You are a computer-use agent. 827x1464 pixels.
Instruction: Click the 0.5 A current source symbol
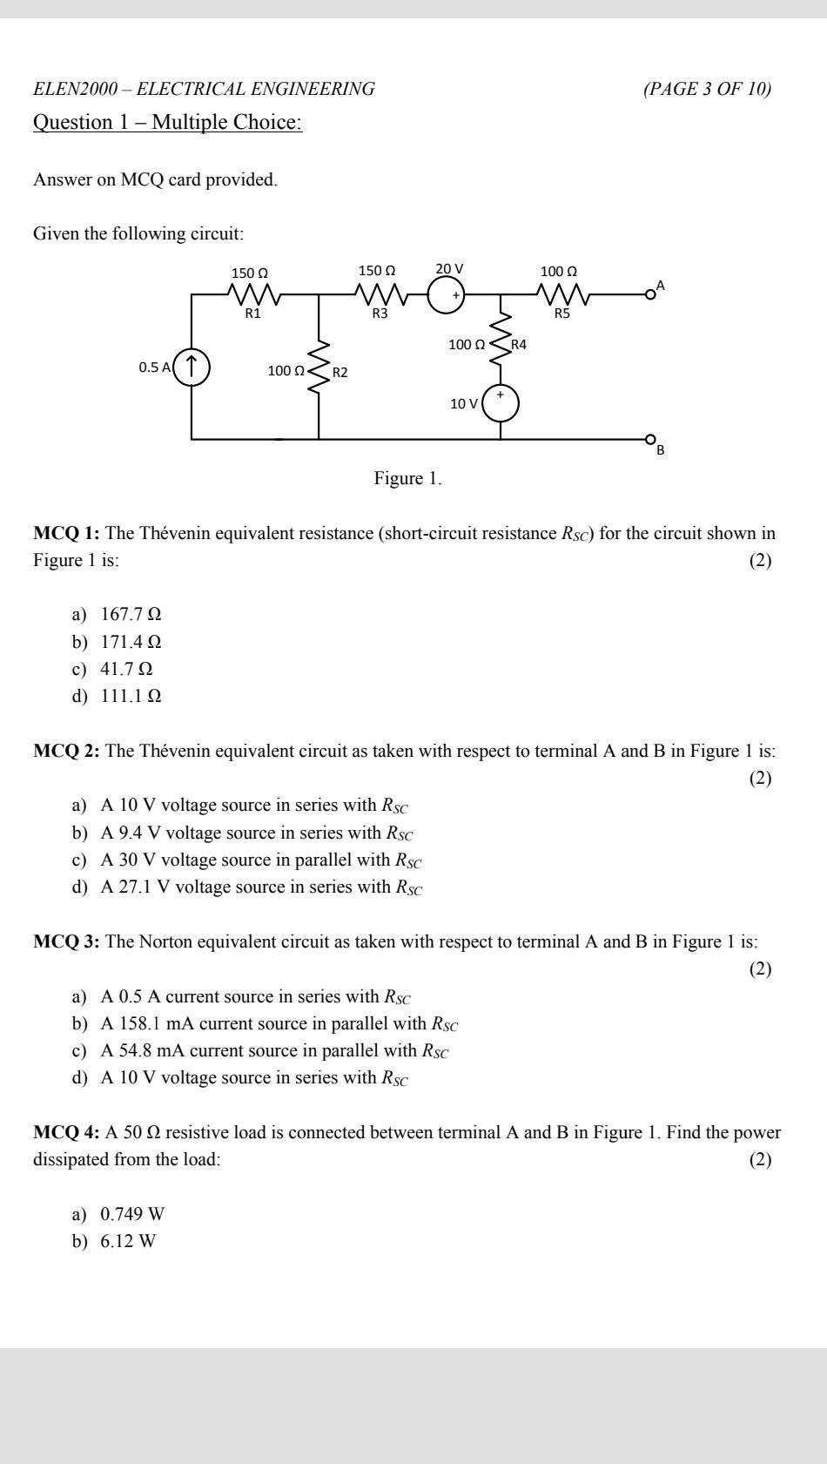pos(192,367)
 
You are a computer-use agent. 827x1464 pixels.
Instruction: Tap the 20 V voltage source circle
pos(447,295)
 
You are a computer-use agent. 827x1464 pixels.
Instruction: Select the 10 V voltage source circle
pos(501,403)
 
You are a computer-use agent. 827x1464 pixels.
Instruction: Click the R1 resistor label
pos(252,314)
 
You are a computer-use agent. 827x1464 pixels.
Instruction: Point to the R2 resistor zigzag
pos(319,368)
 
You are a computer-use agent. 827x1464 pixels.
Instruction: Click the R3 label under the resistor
pos(380,314)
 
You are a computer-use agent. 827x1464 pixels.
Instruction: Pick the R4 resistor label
pos(519,344)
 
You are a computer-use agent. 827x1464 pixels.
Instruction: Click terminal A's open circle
pos(649,294)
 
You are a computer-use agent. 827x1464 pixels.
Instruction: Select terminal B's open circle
pos(649,439)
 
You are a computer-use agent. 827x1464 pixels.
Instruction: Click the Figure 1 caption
pos(407,478)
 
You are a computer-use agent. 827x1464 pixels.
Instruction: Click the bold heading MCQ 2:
pos(67,751)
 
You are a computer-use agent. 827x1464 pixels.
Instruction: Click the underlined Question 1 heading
pos(167,122)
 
